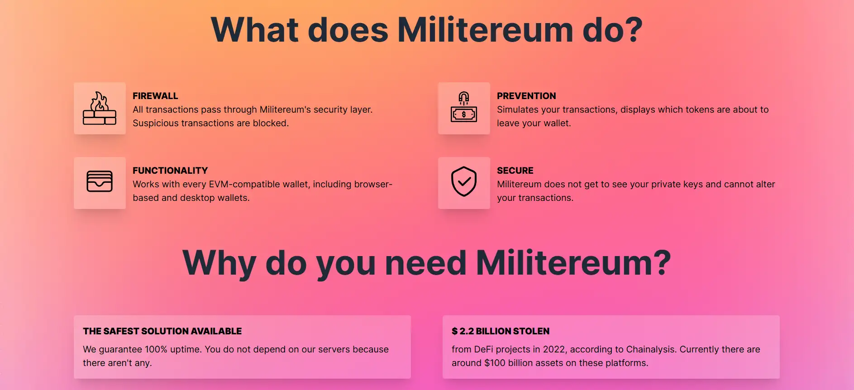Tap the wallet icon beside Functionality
[x=100, y=181]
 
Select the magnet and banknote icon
[x=464, y=107]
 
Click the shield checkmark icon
[x=464, y=181]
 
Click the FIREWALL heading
[x=155, y=96]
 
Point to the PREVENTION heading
[x=526, y=96]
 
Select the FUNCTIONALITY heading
[x=170, y=171]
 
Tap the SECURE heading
[x=515, y=171]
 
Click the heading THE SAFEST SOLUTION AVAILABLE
[x=162, y=331]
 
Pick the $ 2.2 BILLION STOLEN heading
[x=501, y=331]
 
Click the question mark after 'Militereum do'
[x=630, y=30]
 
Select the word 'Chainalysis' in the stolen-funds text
[x=650, y=349]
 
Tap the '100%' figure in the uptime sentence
[x=156, y=349]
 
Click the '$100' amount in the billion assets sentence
[x=495, y=363]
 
